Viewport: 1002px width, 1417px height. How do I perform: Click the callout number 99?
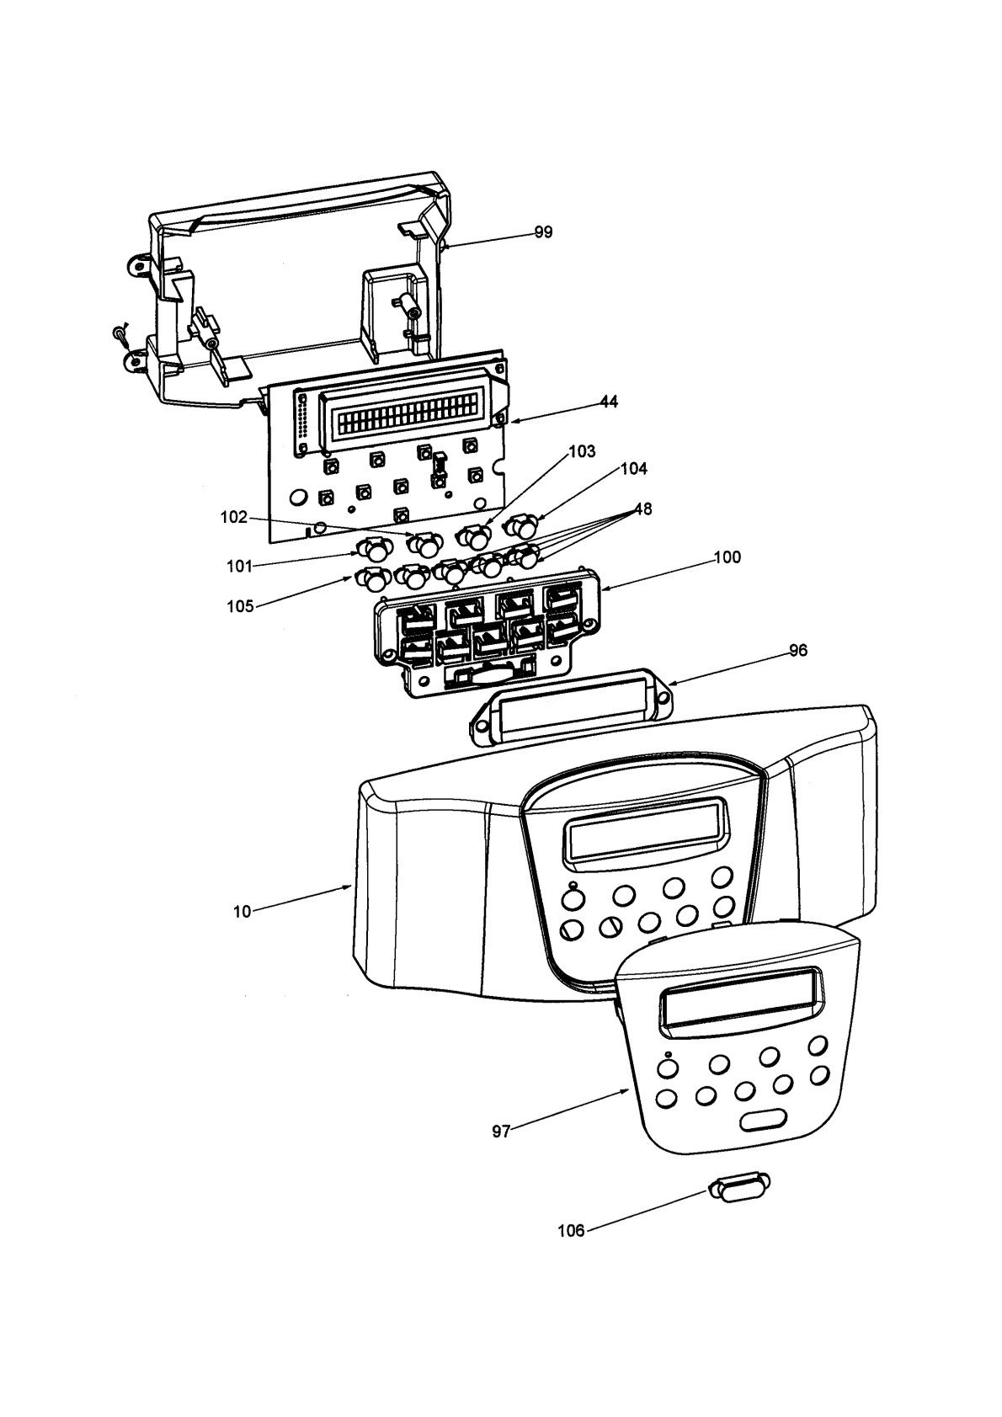543,232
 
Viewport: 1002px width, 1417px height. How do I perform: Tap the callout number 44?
609,402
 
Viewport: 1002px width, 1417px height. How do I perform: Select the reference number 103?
582,451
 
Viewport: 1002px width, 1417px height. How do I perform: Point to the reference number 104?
634,469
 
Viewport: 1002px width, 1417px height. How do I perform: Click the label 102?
233,517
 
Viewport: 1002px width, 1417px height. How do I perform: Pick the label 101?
240,566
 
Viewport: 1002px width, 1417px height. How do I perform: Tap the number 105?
240,606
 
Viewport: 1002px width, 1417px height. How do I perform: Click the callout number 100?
727,557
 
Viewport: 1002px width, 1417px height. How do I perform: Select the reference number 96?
798,650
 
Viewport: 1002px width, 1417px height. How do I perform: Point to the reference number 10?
243,912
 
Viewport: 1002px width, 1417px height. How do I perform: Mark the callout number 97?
501,1132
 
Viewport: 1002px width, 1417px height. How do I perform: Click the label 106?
571,1232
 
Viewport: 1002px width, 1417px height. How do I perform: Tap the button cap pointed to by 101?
372,549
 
